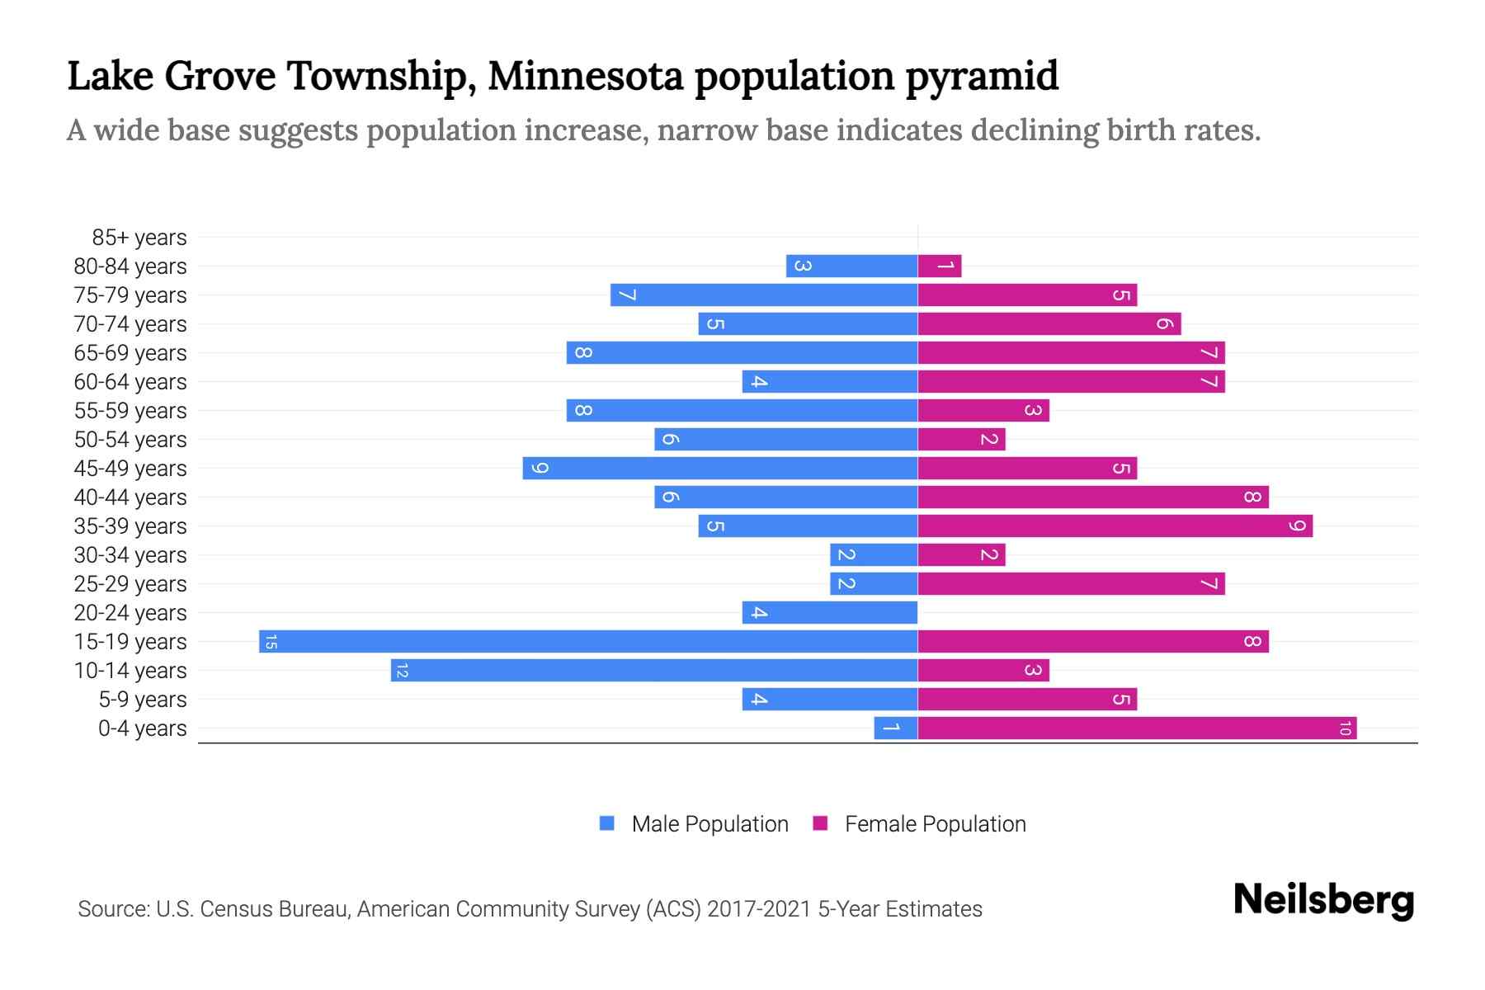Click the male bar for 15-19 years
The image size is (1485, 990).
tap(588, 642)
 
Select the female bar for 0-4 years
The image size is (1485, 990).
tap(1137, 728)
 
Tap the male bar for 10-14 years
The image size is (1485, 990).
tap(654, 671)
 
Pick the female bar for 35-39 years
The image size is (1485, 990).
tap(1115, 526)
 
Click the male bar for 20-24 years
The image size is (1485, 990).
tap(830, 613)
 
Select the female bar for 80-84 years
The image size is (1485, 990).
tap(940, 266)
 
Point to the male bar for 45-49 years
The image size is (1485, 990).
tap(720, 469)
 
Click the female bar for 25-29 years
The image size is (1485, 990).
tap(1071, 584)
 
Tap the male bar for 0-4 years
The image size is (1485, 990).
tap(896, 728)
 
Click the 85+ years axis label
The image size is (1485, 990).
tap(139, 238)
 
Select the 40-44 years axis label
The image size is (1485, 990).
tap(130, 497)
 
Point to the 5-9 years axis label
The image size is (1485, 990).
tap(142, 700)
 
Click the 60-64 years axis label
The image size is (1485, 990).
tap(130, 382)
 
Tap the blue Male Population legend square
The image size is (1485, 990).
tap(607, 823)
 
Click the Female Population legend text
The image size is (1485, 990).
tap(935, 824)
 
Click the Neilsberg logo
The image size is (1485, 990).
tap(1323, 900)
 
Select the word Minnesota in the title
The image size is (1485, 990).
tap(586, 76)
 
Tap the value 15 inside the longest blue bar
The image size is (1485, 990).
tap(271, 642)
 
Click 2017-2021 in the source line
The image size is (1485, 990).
tap(758, 909)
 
